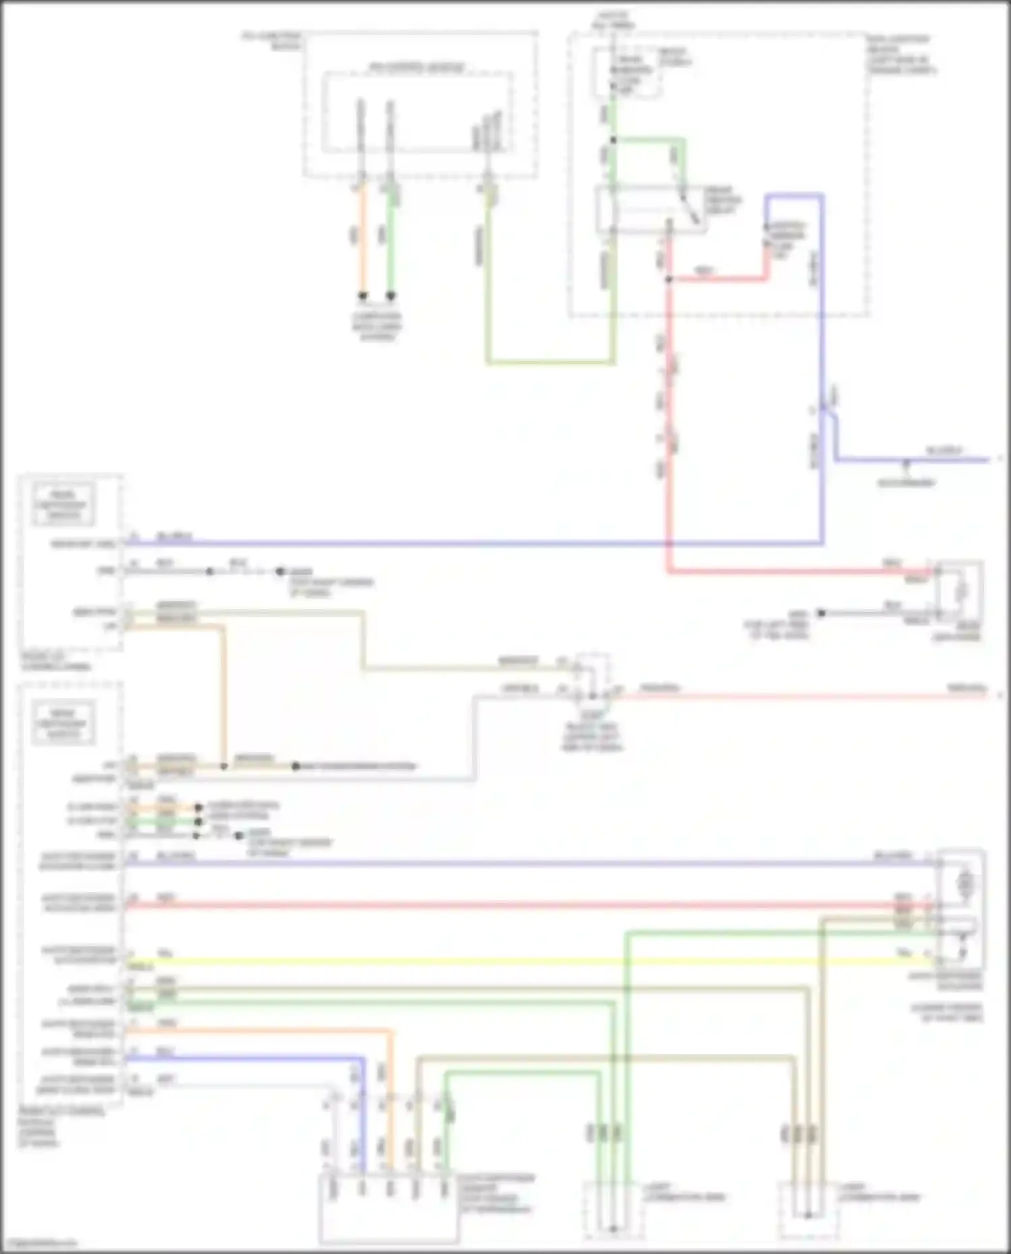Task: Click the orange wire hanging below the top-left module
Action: click(362, 236)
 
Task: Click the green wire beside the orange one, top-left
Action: click(390, 236)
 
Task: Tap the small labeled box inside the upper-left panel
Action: click(63, 504)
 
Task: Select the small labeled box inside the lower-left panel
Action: click(63, 723)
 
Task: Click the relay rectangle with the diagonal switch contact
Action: click(650, 209)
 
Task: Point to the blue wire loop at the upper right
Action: click(795, 196)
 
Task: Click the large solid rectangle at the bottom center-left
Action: click(389, 1210)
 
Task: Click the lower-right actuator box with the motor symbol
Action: click(962, 910)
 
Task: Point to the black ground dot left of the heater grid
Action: click(821, 613)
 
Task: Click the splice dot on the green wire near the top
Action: click(613, 140)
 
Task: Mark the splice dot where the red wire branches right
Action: click(669, 278)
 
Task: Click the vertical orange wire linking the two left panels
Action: click(223, 694)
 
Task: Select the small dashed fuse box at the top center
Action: click(626, 73)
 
